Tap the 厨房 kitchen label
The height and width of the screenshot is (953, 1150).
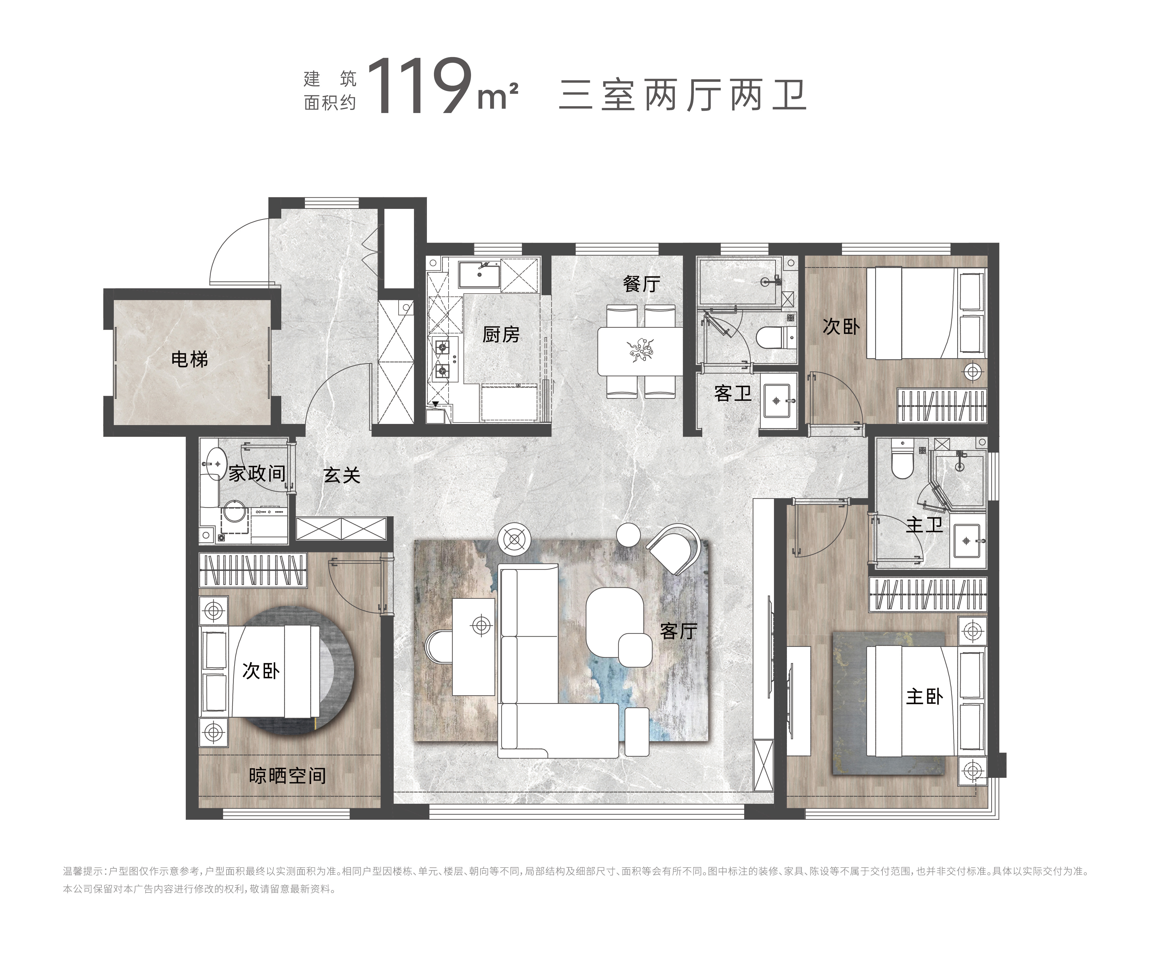[501, 334]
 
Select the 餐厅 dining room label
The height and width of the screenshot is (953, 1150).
[641, 284]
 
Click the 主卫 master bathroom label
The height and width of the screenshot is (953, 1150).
[924, 525]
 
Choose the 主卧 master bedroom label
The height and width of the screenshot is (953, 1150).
[924, 697]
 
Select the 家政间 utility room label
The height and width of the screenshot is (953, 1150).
[257, 473]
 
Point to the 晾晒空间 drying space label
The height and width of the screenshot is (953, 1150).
[287, 776]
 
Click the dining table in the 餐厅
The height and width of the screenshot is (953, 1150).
[640, 351]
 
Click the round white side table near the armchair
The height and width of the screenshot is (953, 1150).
[628, 535]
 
